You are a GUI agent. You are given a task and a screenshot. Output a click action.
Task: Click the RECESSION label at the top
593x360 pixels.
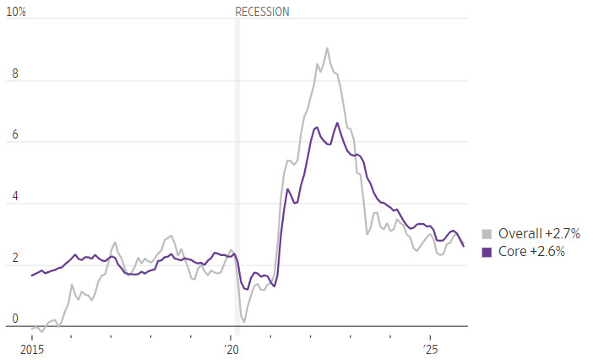[262, 12]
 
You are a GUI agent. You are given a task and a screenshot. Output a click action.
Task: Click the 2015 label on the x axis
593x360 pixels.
[31, 349]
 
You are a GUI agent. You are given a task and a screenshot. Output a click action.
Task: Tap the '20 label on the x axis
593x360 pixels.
[231, 349]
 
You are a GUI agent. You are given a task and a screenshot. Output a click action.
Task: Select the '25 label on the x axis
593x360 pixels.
[431, 349]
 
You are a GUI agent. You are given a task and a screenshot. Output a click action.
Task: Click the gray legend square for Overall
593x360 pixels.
[487, 234]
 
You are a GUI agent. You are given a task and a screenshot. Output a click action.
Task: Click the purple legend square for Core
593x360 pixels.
[487, 252]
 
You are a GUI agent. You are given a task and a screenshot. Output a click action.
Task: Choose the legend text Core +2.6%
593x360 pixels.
[531, 252]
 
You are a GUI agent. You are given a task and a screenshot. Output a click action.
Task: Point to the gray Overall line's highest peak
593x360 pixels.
[327, 48]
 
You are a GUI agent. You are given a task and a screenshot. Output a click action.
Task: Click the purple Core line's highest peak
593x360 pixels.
[337, 123]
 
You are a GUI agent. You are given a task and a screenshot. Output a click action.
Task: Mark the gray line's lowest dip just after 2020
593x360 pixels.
[243, 321]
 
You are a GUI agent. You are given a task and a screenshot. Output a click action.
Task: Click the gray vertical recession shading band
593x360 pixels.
[237, 169]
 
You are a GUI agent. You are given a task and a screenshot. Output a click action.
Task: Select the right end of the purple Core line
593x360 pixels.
[463, 246]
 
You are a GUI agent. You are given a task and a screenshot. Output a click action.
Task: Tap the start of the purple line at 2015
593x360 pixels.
[32, 275]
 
